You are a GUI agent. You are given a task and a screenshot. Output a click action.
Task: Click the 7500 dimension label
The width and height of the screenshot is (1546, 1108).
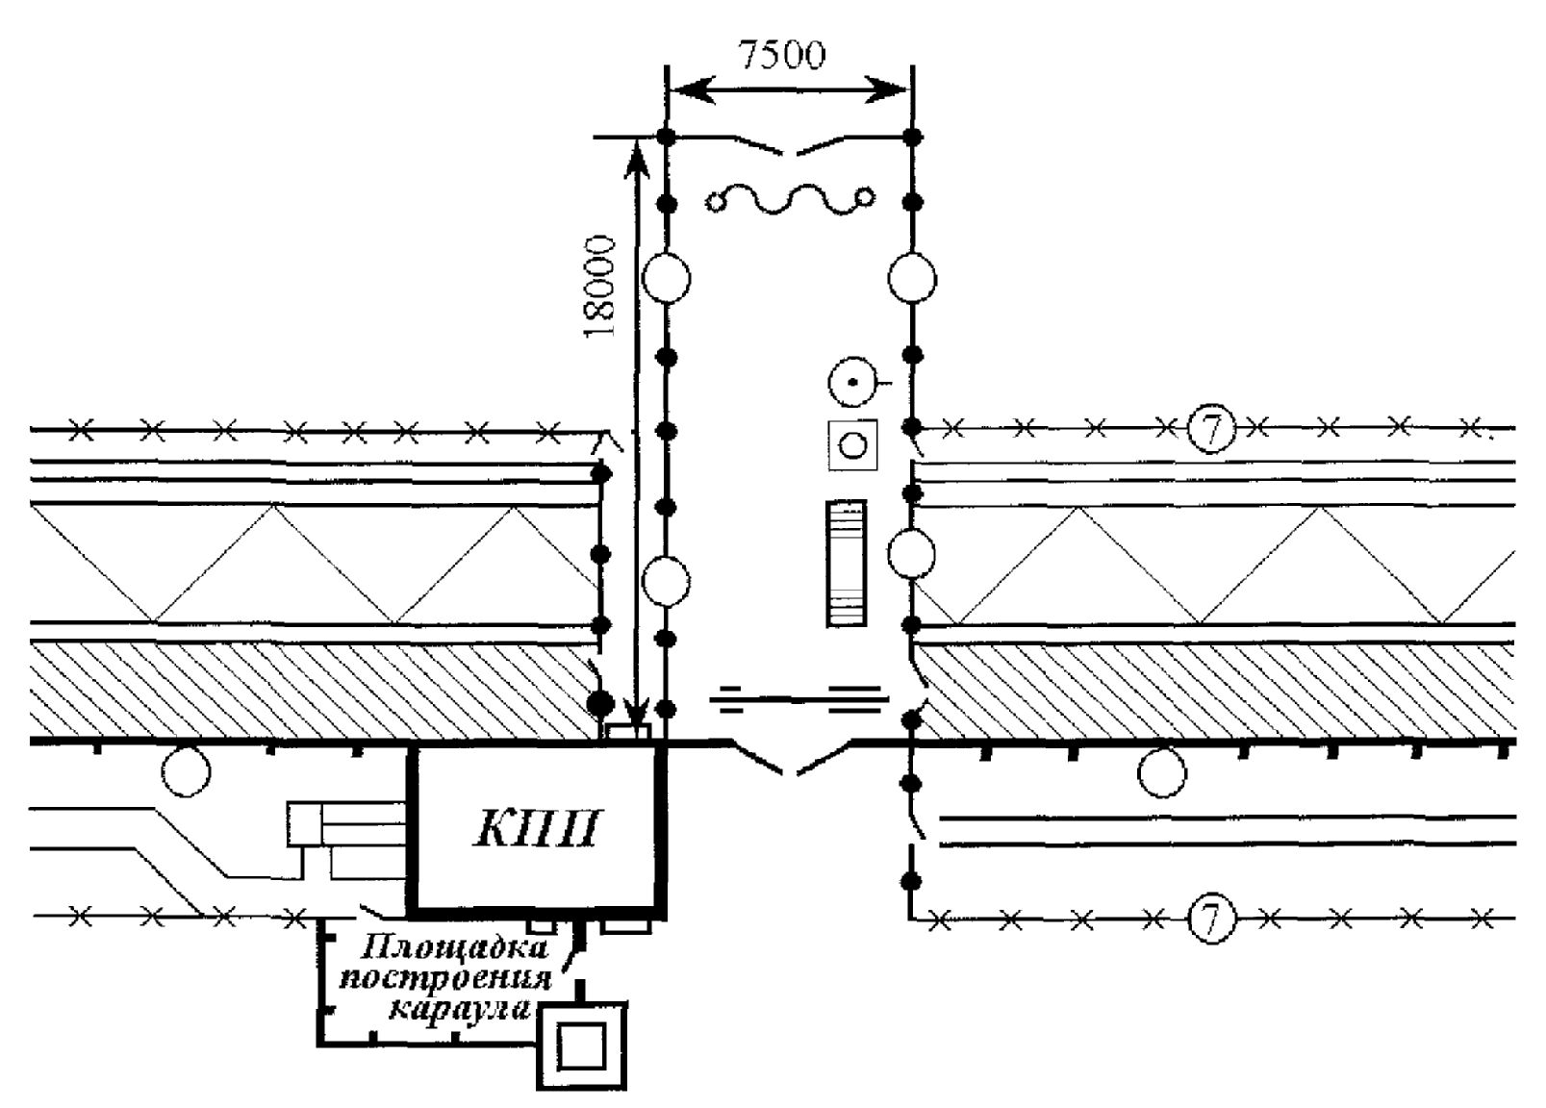pyautogui.click(x=781, y=55)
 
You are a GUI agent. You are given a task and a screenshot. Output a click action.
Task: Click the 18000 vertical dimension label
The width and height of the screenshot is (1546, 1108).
pyautogui.click(x=599, y=287)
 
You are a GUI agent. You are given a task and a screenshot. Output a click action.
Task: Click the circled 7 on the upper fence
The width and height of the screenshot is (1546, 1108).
pyautogui.click(x=1211, y=429)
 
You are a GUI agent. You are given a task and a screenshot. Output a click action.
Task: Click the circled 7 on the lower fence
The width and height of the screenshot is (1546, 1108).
pyautogui.click(x=1211, y=919)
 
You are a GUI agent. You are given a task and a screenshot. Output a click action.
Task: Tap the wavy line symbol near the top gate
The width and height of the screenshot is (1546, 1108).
pyautogui.click(x=790, y=200)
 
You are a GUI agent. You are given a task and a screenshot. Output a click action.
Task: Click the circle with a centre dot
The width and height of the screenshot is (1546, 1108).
pyautogui.click(x=852, y=382)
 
